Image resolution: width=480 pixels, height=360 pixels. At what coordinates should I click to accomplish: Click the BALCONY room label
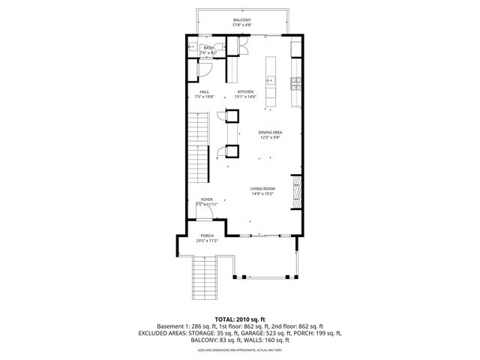click(x=241, y=19)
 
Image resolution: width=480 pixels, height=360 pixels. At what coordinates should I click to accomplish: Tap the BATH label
click(x=208, y=48)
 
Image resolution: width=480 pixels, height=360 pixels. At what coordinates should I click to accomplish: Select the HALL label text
click(x=204, y=91)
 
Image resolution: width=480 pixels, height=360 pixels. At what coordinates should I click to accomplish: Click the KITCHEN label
click(x=245, y=91)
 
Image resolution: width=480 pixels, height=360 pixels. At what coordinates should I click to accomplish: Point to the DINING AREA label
click(x=269, y=132)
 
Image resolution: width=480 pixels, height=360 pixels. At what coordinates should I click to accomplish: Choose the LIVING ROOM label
click(x=262, y=189)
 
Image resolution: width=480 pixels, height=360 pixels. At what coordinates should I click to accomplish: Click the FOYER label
click(x=206, y=199)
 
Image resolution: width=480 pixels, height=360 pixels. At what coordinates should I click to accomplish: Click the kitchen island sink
click(x=270, y=79)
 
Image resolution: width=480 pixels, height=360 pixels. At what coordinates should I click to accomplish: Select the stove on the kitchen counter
click(x=295, y=79)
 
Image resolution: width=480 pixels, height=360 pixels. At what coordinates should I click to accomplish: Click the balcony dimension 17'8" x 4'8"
click(x=241, y=25)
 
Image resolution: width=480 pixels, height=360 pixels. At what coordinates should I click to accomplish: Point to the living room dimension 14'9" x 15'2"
click(x=262, y=194)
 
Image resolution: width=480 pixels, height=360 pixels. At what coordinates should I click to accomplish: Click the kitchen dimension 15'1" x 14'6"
click(x=245, y=97)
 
